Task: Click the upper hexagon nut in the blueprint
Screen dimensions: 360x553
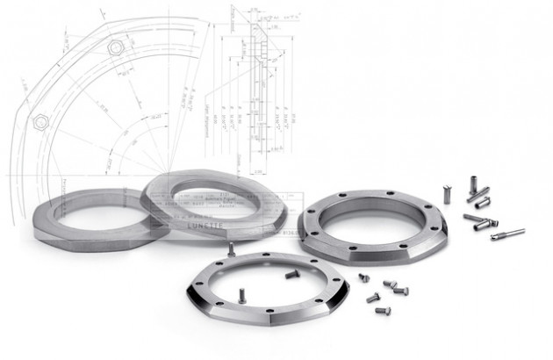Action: tap(113, 47)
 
